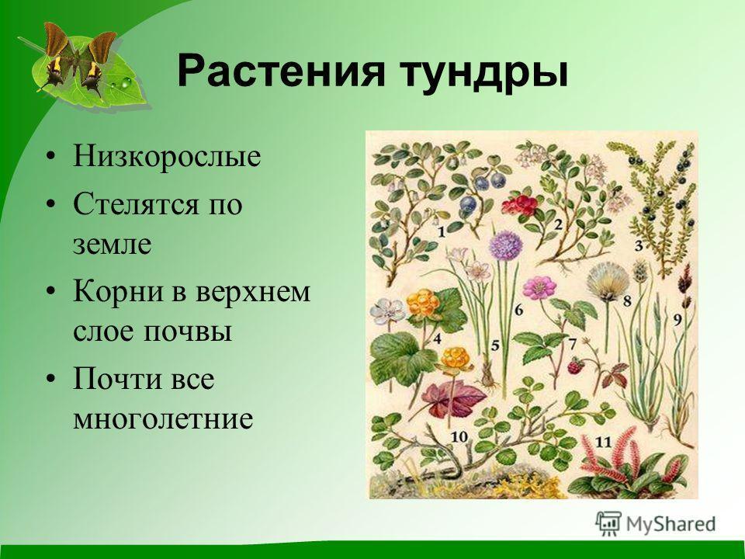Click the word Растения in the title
pos(280,71)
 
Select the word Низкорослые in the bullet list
pos(167,156)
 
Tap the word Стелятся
pos(135,204)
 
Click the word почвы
pos(188,332)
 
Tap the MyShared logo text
pos(670,524)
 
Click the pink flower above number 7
pos(539,287)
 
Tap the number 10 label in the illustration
pos(459,436)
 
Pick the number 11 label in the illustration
pos(603,442)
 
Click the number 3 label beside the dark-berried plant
pos(639,246)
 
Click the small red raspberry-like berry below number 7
pos(577,366)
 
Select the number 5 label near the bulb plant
pos(495,345)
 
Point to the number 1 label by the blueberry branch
pos(442,232)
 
